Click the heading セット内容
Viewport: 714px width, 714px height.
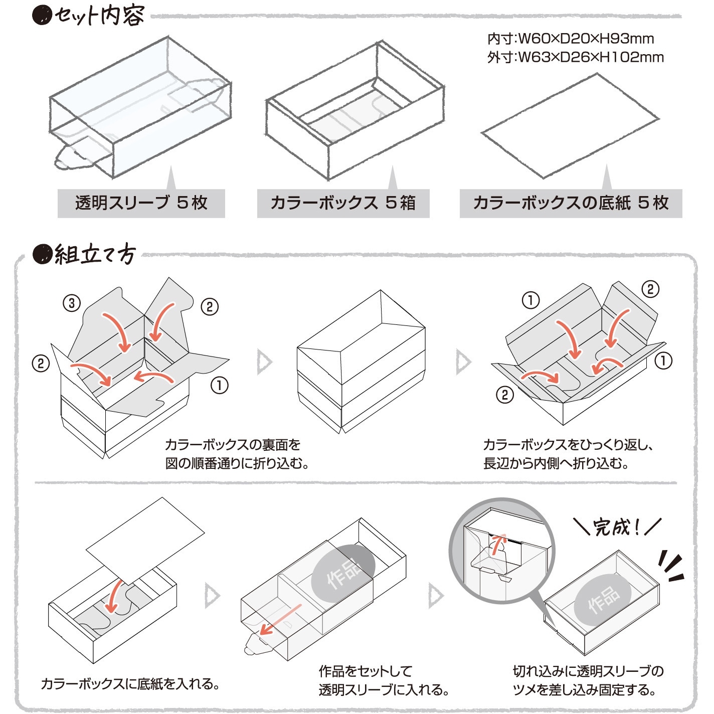point(99,16)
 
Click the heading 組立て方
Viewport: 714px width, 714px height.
point(94,255)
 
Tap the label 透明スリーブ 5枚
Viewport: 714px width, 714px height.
point(141,203)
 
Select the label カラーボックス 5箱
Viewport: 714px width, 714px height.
point(343,203)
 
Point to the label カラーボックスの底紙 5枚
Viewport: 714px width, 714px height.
point(571,203)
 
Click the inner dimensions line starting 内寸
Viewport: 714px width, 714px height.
point(571,39)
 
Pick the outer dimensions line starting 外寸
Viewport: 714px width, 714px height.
point(575,57)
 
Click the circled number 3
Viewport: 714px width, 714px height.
point(72,303)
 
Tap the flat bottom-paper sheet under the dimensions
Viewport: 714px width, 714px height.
point(570,125)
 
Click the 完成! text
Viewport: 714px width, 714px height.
point(616,527)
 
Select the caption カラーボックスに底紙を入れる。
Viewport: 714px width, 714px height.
point(130,684)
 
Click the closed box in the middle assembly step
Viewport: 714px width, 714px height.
point(361,361)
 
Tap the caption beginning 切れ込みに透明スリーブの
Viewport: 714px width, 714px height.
point(588,680)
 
